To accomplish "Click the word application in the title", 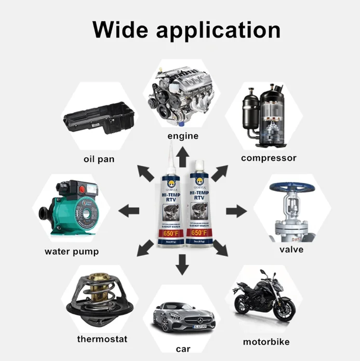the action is [219, 30].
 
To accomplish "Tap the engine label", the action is [182, 136].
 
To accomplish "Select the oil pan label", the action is [99, 158].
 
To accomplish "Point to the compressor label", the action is [269, 158].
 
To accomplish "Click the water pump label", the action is [72, 252].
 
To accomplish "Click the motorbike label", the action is [266, 342].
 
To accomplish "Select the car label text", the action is [182, 349].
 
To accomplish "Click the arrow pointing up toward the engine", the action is [182, 155].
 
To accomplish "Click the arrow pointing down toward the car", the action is [182, 266].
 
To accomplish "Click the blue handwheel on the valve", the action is [291, 185].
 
